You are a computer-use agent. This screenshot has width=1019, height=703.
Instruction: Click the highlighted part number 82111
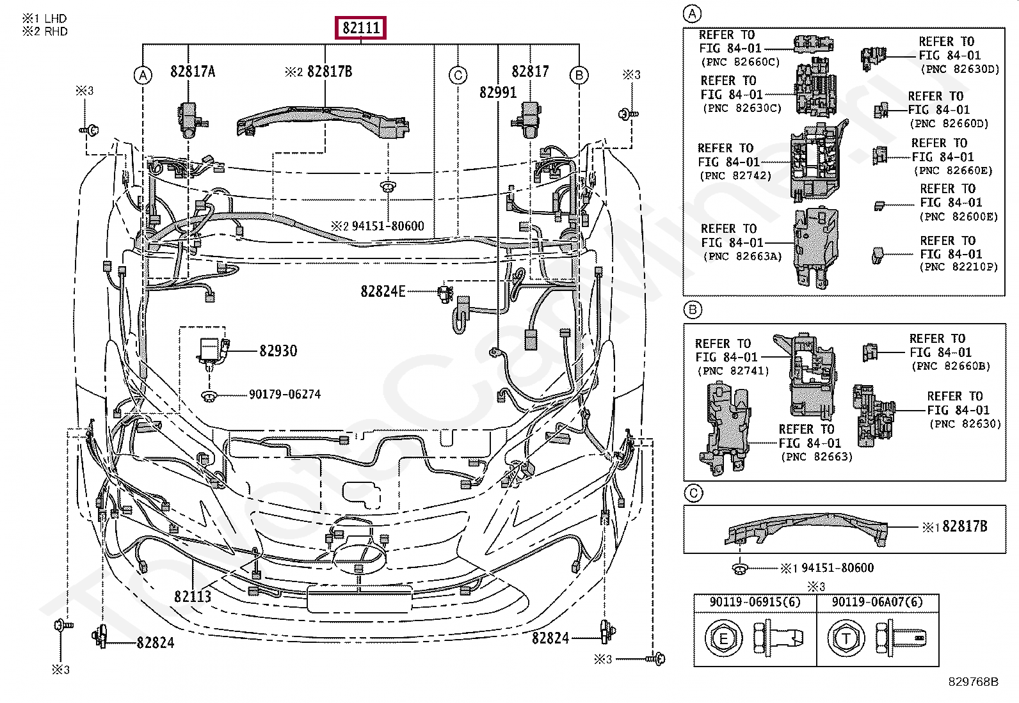(362, 28)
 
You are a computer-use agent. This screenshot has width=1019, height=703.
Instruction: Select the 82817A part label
(193, 72)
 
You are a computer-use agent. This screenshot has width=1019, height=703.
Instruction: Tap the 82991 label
(498, 93)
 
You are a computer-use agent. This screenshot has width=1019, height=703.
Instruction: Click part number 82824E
(383, 292)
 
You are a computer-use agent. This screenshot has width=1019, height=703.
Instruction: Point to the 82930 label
(278, 351)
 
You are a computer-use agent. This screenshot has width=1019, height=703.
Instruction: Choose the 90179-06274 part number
(285, 395)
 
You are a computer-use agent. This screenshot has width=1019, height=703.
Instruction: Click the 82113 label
(192, 596)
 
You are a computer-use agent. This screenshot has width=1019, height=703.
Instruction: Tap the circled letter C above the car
(458, 75)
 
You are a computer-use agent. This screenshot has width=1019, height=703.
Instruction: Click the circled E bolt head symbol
(723, 638)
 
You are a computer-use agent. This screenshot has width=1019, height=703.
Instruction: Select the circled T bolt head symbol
(846, 638)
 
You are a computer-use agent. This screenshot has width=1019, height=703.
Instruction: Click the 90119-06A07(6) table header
(877, 603)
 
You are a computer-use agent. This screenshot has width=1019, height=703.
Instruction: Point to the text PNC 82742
(735, 176)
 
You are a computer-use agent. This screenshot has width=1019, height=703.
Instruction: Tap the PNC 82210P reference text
(958, 267)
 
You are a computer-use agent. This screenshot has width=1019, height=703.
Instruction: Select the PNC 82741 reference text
(733, 371)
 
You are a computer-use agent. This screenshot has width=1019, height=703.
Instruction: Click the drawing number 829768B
(974, 682)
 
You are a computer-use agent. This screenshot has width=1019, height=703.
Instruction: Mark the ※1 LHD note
(44, 19)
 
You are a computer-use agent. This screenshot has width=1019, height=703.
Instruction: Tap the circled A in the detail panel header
(693, 13)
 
